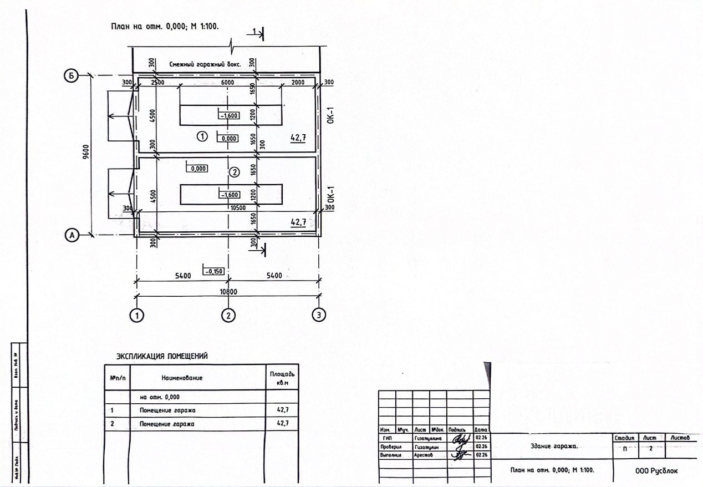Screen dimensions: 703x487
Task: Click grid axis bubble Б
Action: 70,76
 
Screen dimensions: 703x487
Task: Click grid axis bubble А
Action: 70,236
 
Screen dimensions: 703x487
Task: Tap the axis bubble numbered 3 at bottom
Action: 319,315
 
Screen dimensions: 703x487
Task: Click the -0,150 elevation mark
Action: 214,271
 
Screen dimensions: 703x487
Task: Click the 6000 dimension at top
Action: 228,82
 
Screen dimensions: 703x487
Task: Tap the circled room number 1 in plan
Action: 203,136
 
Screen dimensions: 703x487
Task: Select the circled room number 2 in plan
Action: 234,173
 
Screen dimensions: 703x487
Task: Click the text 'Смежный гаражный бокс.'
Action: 205,64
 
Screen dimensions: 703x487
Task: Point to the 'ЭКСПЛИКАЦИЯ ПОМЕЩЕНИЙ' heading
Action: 162,356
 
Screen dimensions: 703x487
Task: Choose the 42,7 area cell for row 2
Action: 283,424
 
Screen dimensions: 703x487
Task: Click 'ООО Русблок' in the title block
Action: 656,471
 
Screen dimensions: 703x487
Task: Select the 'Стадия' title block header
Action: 625,438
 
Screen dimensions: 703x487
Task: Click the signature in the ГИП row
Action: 460,438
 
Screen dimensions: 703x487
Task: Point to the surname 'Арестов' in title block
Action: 424,455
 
